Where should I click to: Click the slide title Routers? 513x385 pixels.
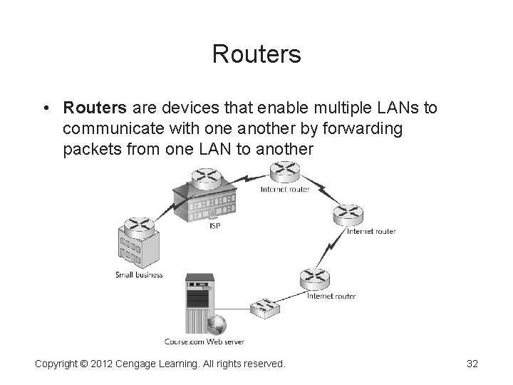point(256,54)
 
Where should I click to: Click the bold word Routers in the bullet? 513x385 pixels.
point(94,108)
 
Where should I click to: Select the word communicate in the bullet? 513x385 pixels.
point(113,129)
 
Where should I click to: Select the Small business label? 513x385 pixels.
point(139,274)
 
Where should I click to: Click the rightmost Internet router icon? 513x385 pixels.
point(349,213)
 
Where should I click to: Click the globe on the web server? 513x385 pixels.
point(217,324)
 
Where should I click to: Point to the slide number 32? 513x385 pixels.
point(471,364)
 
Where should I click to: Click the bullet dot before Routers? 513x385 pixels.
point(45,108)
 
